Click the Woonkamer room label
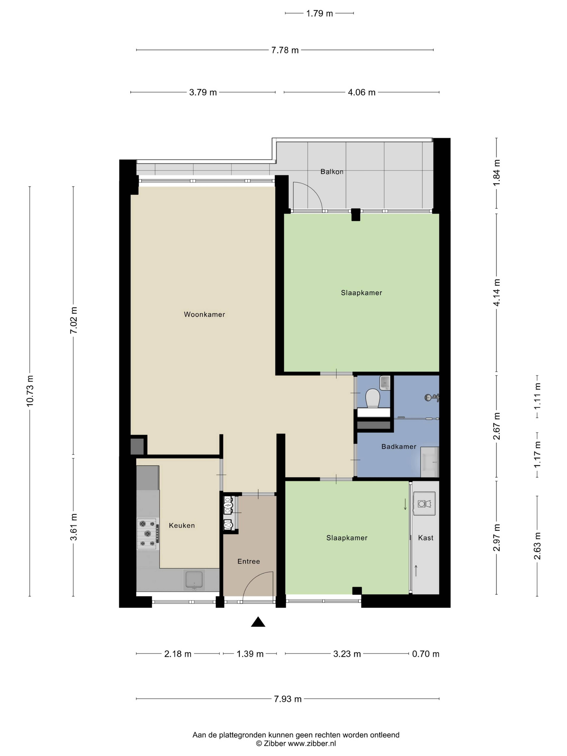pos(204,314)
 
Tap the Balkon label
pos(331,172)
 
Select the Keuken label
pos(182,525)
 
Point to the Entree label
pos(249,561)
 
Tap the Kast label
pos(426,538)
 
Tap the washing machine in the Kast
pos(424,503)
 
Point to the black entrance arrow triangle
pos(258,622)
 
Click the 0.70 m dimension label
pos(426,654)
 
